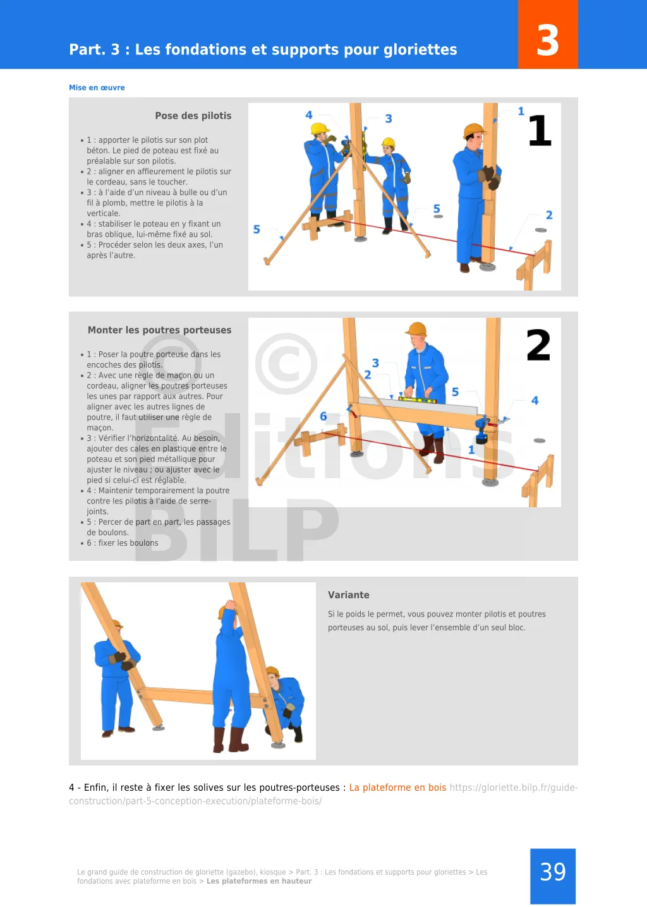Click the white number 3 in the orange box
(547, 40)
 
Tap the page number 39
(553, 872)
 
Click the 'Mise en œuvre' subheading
(97, 87)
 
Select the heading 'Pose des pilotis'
(193, 116)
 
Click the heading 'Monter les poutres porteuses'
(160, 330)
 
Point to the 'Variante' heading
(348, 595)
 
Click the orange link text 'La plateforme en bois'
(397, 788)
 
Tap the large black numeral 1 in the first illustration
(540, 131)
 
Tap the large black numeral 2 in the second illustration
(538, 345)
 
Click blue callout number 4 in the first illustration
(309, 116)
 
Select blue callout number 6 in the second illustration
(323, 416)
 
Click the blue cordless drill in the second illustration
(481, 430)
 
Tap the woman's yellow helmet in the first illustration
(388, 143)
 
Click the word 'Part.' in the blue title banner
(87, 50)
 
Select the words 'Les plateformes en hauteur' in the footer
(259, 881)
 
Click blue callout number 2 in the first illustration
(549, 215)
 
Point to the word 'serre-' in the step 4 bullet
(200, 502)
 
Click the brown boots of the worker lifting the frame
(230, 740)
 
